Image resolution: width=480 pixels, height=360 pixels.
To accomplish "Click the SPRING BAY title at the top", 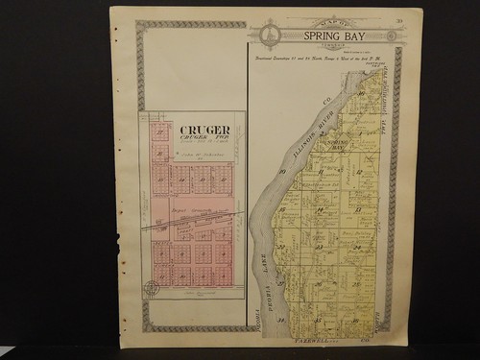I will coord(330,36).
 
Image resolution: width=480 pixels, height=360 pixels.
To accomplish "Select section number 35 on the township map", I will coord(336,318).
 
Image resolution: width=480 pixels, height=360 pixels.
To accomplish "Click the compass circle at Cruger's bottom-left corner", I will coord(151,286).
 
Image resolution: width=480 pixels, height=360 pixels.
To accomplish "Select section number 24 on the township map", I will coord(359,246).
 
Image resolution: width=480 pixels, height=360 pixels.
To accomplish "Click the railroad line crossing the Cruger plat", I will coord(192,220).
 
